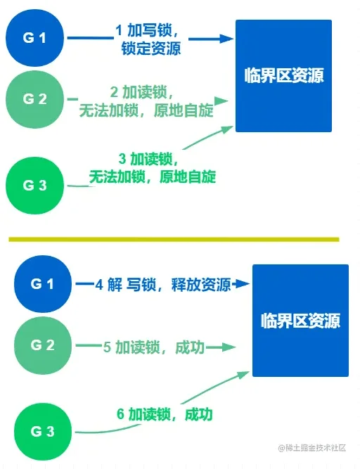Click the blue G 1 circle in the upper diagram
pyautogui.click(x=34, y=38)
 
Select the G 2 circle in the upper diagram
pyautogui.click(x=34, y=99)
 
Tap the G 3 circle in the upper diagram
pyautogui.click(x=34, y=186)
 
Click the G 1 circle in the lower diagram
pyautogui.click(x=43, y=284)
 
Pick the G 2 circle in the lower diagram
pyautogui.click(x=43, y=345)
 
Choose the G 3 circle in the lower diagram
pyautogui.click(x=43, y=432)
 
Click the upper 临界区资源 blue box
pyautogui.click(x=283, y=76)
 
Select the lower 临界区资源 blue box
pyautogui.click(x=300, y=321)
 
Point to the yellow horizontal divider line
pyautogui.click(x=174, y=239)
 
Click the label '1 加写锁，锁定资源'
pyautogui.click(x=148, y=39)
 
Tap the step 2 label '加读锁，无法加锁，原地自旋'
pyautogui.click(x=146, y=101)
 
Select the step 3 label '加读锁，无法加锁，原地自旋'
pyautogui.click(x=152, y=167)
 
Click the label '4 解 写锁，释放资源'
pyautogui.click(x=163, y=285)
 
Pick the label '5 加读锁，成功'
pyautogui.click(x=154, y=347)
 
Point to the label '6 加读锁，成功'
pyautogui.click(x=165, y=414)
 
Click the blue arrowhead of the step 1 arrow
pyautogui.click(x=226, y=39)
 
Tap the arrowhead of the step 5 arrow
pyautogui.click(x=229, y=347)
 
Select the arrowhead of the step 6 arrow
pyautogui.click(x=243, y=375)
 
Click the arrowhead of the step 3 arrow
pyautogui.click(x=226, y=129)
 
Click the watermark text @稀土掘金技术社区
pyautogui.click(x=312, y=448)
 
